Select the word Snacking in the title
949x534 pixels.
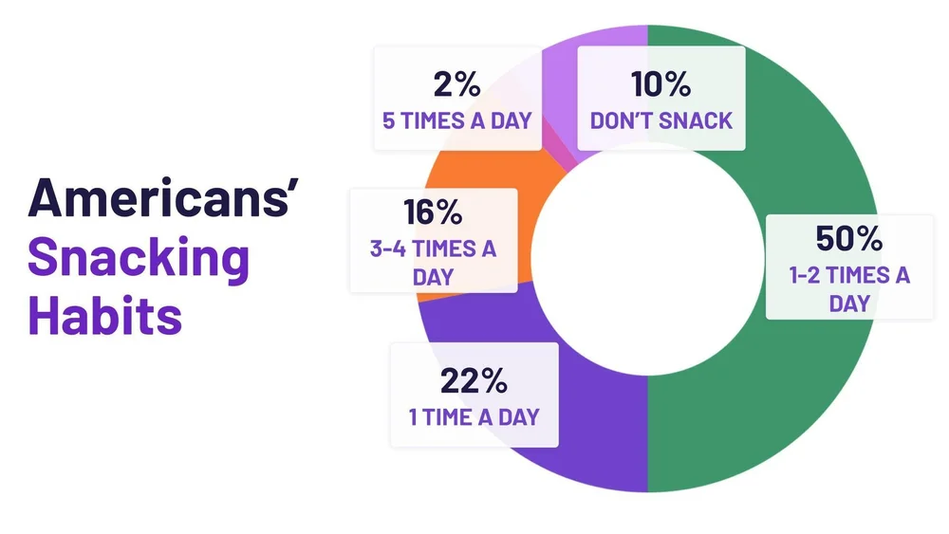139,256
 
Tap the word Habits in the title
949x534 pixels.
104,313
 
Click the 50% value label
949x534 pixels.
848,239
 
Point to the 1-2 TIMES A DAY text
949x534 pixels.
849,289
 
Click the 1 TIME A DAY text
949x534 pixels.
474,416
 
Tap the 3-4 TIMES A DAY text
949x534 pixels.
433,264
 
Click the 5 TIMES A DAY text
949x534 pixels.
456,120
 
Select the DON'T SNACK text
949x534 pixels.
661,120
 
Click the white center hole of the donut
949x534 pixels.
647,258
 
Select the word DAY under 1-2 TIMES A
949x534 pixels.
849,303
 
